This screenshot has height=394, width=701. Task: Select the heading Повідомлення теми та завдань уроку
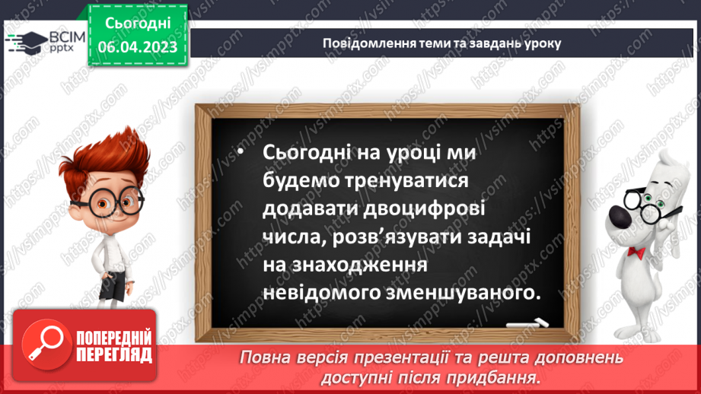pyautogui.click(x=441, y=43)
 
